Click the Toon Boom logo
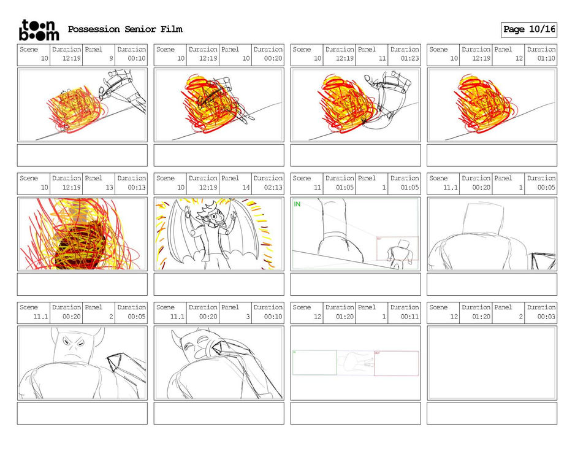tap(39, 30)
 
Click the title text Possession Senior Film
tap(125, 29)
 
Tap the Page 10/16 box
tap(529, 29)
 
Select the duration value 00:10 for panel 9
tap(137, 58)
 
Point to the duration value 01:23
tap(409, 58)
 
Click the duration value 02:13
tap(273, 187)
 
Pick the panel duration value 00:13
tap(137, 187)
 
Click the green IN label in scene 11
tap(297, 204)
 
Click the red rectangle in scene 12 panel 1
tap(397, 363)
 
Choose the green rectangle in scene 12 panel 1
tap(314, 363)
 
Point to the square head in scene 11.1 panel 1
tap(483, 218)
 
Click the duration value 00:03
tap(546, 317)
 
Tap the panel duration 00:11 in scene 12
tap(409, 317)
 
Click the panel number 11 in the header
tap(383, 58)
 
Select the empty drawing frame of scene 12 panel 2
tap(492, 363)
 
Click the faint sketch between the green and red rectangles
tap(356, 363)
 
